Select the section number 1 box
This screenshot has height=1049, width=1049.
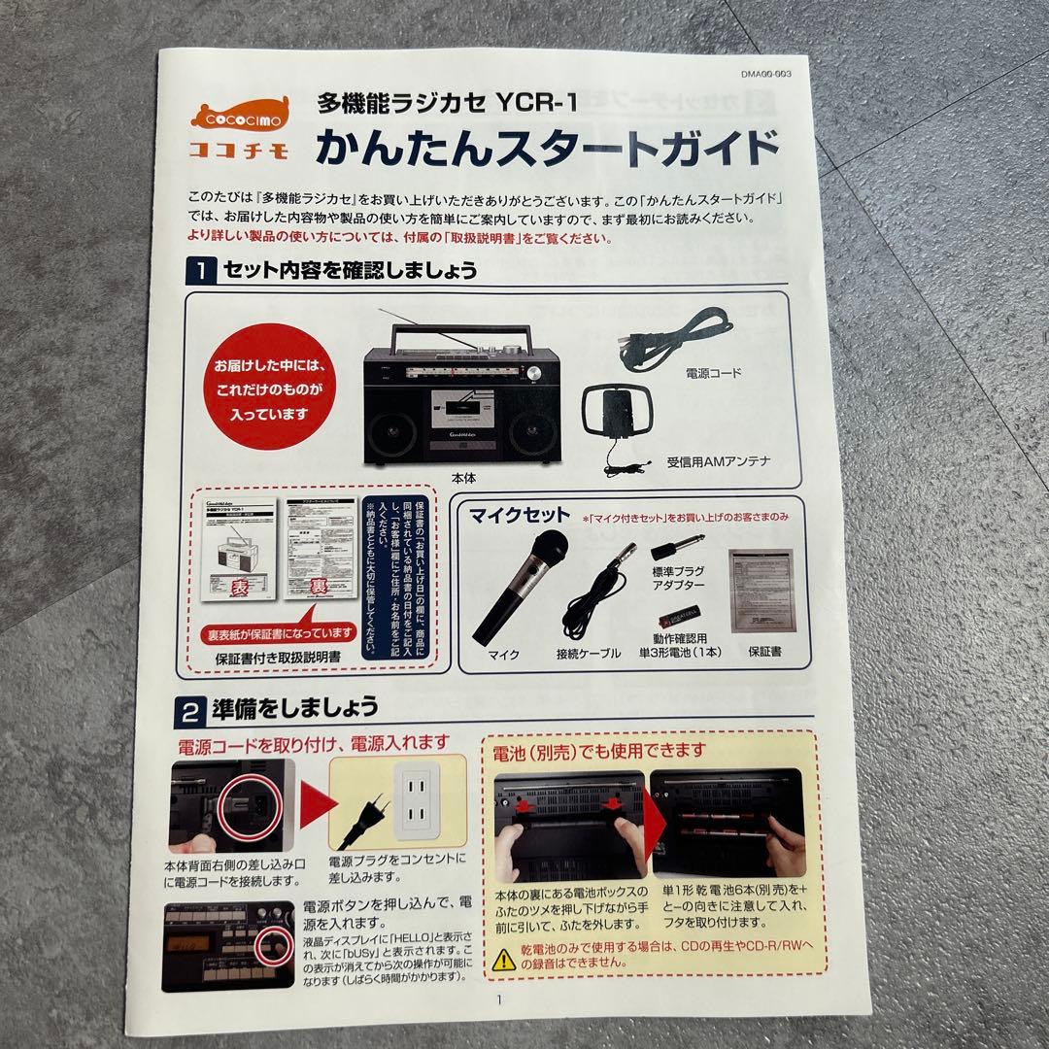(x=199, y=271)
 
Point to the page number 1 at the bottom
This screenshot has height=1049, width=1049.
(x=499, y=999)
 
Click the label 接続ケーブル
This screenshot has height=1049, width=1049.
(x=588, y=654)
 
